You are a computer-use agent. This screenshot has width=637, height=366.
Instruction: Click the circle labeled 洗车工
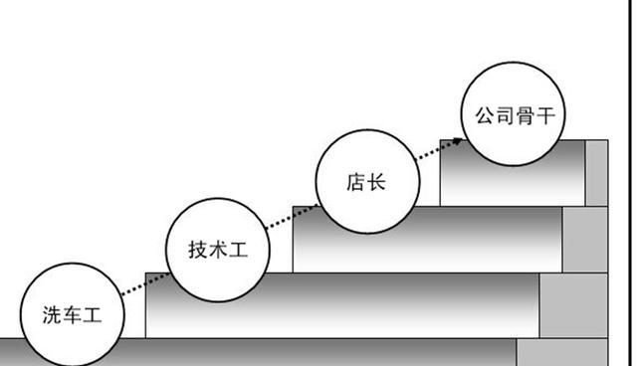point(72,316)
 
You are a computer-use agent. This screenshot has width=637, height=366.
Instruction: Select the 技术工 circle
point(216,249)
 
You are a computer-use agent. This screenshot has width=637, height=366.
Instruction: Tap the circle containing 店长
point(365,182)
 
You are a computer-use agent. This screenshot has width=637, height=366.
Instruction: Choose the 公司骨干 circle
point(513,116)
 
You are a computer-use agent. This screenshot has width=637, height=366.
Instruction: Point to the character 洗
point(52,316)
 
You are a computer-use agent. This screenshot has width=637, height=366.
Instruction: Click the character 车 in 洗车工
point(72,316)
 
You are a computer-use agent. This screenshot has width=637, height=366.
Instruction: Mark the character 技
point(196,250)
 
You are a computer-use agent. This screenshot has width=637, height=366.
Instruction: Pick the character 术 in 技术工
point(216,250)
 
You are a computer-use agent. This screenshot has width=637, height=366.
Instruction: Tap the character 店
point(355,183)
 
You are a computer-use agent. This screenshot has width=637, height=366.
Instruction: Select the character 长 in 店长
point(375,183)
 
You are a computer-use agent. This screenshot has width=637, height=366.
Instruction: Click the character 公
point(483,116)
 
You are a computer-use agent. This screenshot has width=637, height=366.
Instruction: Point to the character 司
point(503,116)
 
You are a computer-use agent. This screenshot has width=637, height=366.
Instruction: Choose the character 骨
point(524,116)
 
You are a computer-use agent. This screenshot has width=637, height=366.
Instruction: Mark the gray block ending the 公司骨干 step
point(596,172)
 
